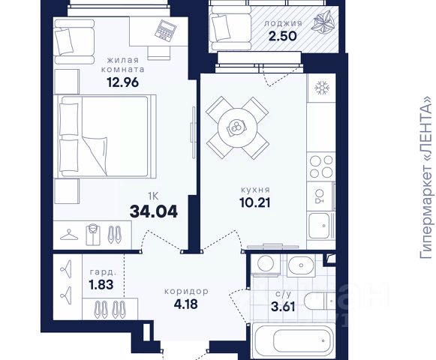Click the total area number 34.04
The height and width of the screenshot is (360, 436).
[154, 211]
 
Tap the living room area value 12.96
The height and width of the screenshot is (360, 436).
[122, 82]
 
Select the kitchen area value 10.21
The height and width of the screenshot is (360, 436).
[254, 202]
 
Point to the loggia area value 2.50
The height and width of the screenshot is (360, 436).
[282, 36]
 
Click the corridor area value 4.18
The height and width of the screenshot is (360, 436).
[186, 304]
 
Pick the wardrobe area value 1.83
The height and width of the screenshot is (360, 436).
[101, 285]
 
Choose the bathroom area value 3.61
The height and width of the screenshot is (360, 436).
[283, 307]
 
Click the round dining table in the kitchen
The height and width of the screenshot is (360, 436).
[237, 128]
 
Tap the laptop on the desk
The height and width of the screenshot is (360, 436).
[165, 31]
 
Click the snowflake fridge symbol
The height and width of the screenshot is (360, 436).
[322, 88]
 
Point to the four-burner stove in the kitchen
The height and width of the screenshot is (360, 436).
[321, 166]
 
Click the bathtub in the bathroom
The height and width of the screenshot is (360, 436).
[293, 340]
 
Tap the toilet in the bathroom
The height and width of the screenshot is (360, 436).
[320, 301]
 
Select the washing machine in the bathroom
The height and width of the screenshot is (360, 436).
[266, 263]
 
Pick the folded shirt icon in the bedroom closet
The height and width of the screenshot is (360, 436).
[93, 235]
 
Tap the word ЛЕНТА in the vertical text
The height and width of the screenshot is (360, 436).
[426, 129]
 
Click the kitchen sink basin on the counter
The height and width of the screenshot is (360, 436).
[319, 226]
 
